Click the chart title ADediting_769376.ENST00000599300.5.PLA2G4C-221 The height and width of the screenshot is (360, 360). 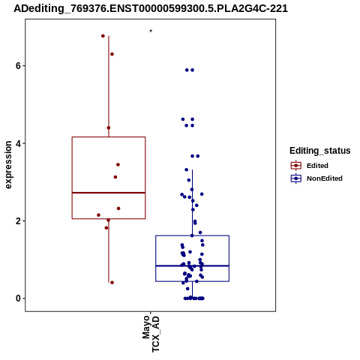click(x=151, y=8)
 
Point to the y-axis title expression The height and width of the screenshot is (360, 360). click(x=8, y=165)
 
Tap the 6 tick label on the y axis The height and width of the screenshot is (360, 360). click(x=18, y=66)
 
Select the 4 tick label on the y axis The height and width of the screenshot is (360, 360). click(x=18, y=143)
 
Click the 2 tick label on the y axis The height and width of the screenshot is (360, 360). click(x=18, y=221)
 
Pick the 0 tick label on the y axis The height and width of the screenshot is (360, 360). click(x=18, y=298)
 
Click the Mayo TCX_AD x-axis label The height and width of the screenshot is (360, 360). click(x=151, y=334)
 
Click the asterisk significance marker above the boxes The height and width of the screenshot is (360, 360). click(x=151, y=31)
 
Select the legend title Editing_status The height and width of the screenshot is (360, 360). click(x=320, y=151)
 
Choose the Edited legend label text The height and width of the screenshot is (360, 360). click(x=317, y=166)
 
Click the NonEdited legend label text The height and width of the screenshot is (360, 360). click(x=325, y=178)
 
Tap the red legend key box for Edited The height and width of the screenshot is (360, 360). click(x=296, y=166)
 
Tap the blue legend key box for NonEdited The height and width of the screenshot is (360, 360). click(x=296, y=178)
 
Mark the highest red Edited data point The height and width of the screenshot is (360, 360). click(x=103, y=36)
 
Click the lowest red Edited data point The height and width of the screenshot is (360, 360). click(x=112, y=283)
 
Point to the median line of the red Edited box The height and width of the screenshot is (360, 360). click(x=109, y=193)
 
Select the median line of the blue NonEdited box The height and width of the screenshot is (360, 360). click(x=192, y=265)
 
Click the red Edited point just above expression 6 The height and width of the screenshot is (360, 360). click(x=112, y=54)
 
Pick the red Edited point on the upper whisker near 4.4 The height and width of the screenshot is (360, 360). click(x=109, y=128)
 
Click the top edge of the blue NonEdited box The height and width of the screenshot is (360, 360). click(x=192, y=235)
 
